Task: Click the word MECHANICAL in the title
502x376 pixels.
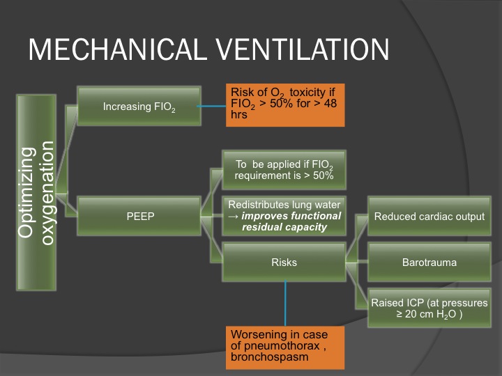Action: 118,49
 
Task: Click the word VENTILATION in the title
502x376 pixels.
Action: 302,49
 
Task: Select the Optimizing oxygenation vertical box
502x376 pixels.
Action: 36,192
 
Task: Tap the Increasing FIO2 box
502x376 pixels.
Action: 139,106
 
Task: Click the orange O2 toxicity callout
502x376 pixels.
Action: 285,105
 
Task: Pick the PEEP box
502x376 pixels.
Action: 139,216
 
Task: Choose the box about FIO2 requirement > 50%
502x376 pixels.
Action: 284,170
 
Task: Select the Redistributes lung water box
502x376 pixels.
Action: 284,216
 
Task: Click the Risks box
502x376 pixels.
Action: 284,263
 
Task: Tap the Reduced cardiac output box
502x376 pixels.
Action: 429,216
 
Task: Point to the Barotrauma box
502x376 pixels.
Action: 429,263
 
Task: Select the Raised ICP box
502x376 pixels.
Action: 429,308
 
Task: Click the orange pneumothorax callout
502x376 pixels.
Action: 285,348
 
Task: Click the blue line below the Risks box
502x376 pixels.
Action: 285,304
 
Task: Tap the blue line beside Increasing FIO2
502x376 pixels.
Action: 212,106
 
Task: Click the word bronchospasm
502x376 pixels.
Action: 270,357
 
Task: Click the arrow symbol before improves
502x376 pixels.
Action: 234,217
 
